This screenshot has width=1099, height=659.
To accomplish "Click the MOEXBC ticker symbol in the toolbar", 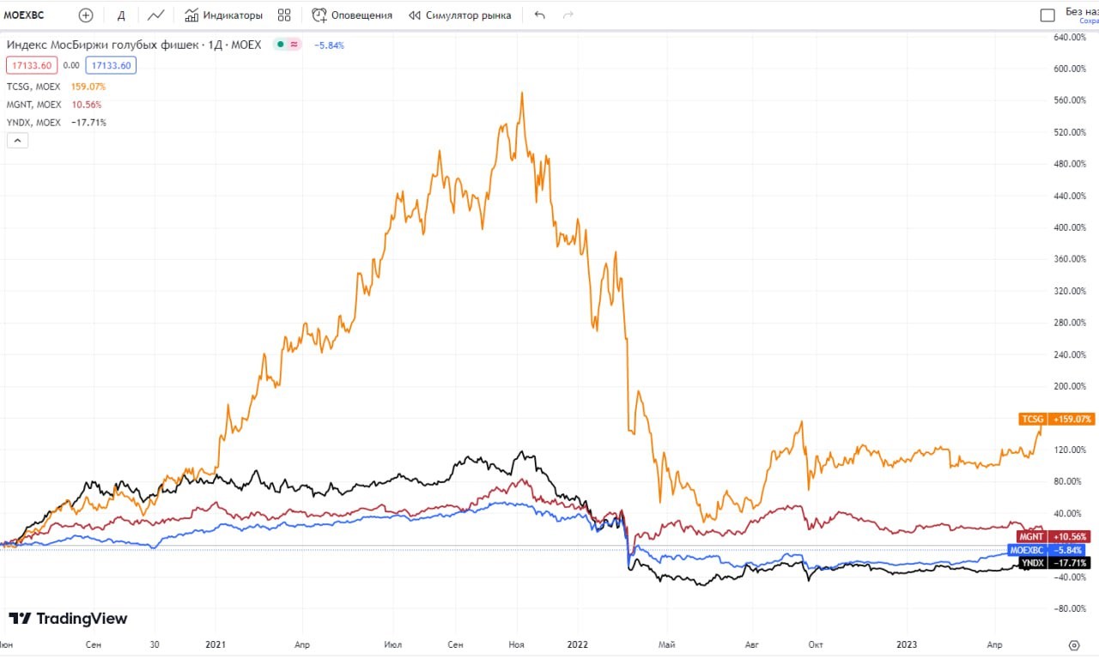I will tap(24, 15).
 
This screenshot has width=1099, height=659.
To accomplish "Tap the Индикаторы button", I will tap(223, 15).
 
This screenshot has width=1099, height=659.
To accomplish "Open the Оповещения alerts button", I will tap(352, 15).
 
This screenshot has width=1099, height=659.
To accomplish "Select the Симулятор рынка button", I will tap(459, 15).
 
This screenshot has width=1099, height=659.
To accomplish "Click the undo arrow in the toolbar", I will tap(539, 15).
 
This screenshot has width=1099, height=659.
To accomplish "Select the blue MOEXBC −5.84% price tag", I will tap(1047, 549).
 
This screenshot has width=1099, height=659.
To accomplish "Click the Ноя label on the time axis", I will tap(517, 644).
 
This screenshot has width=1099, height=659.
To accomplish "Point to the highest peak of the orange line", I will tap(522, 93).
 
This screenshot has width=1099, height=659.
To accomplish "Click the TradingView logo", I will tap(68, 619).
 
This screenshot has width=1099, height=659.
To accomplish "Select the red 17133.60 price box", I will tap(32, 65).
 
